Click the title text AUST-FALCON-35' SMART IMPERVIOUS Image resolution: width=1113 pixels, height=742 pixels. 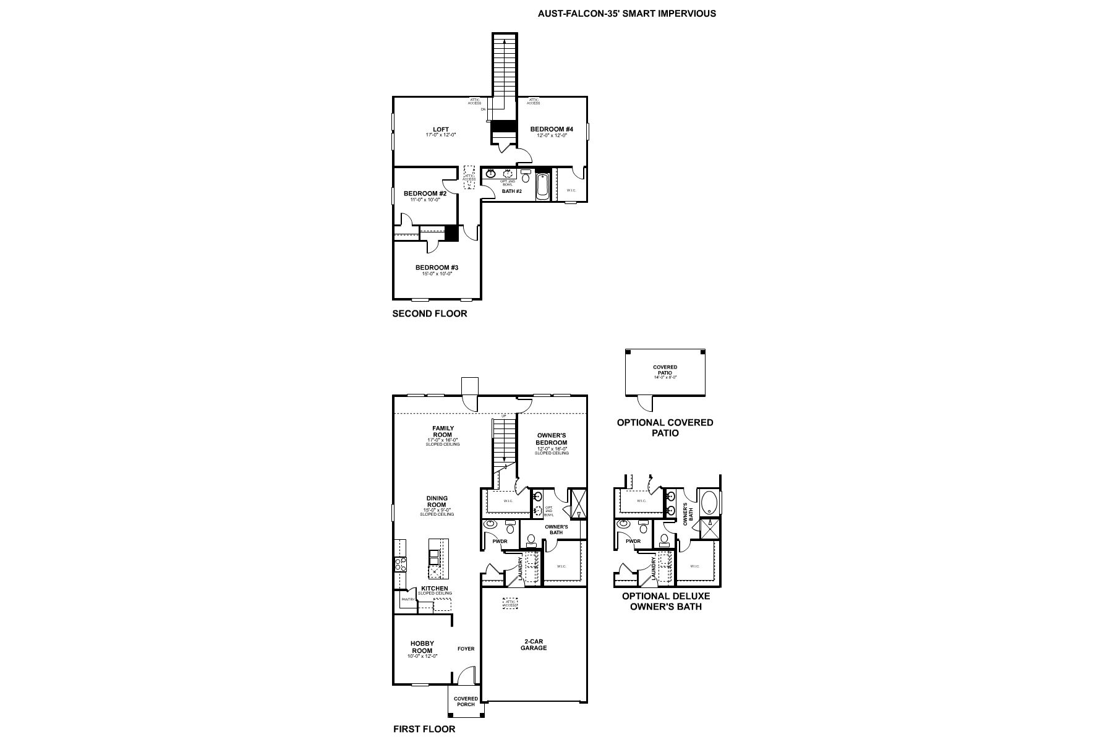tap(627, 13)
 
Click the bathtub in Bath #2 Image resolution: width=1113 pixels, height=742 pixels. tap(542, 187)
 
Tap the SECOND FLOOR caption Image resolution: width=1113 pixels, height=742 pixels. tap(430, 313)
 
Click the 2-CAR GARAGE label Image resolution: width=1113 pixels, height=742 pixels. tap(533, 644)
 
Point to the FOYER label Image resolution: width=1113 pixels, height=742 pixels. tap(466, 649)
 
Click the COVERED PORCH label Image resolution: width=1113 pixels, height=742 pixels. tap(466, 701)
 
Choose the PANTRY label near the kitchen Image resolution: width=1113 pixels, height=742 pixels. tap(407, 599)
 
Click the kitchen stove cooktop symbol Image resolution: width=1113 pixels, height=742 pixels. tap(401, 564)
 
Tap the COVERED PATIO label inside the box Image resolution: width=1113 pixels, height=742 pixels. tap(665, 370)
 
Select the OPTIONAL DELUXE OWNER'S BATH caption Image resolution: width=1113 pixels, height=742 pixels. tap(665, 601)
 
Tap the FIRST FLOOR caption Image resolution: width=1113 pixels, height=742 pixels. tap(424, 729)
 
